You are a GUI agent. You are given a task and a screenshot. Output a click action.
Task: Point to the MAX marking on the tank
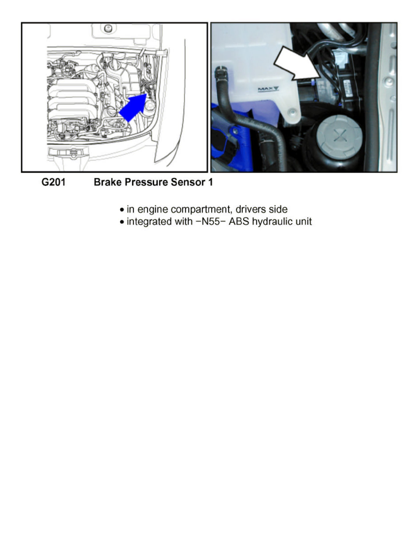[x=268, y=89]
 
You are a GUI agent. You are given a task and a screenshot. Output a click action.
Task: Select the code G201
[x=53, y=183]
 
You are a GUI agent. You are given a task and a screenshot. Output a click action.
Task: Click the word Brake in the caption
[x=106, y=183]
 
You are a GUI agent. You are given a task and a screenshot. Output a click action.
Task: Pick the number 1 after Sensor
[x=210, y=183]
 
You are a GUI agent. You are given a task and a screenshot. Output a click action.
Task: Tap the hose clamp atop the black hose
[x=222, y=71]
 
